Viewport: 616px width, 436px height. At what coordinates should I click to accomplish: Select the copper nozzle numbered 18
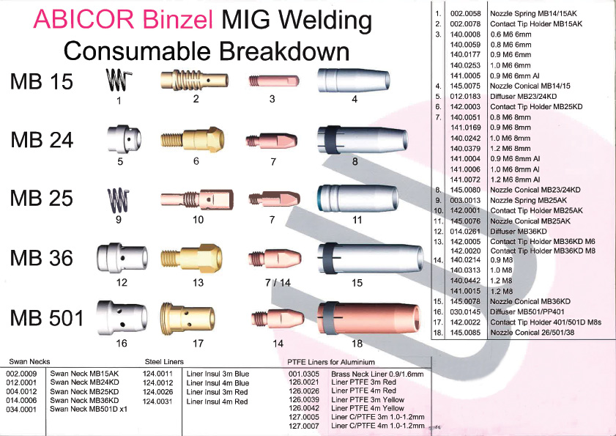tap(362, 318)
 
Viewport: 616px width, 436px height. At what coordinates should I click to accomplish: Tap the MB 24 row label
tap(42, 139)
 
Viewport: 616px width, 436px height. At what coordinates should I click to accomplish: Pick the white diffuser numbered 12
tap(120, 259)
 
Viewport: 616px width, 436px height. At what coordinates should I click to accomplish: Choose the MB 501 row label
tap(48, 318)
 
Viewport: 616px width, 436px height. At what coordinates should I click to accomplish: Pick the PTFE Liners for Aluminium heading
tap(332, 362)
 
